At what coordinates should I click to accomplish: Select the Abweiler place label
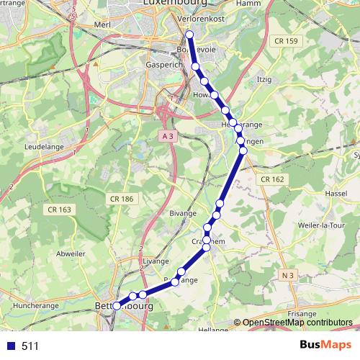(x=70, y=253)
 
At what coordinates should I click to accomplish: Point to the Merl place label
(x=102, y=24)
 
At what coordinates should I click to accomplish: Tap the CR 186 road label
(x=122, y=198)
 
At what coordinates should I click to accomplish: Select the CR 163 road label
(x=60, y=210)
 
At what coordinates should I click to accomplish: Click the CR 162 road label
(x=273, y=179)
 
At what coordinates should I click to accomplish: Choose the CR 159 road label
(x=285, y=41)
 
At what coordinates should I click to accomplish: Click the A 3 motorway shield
(x=168, y=135)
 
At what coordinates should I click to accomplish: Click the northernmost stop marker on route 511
(x=189, y=35)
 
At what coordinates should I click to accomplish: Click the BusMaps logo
(x=326, y=346)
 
